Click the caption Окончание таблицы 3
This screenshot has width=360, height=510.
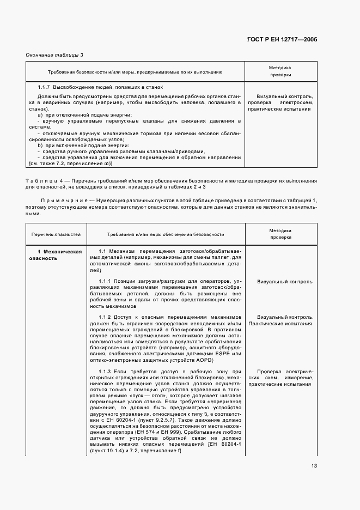pyautogui.click(x=54, y=56)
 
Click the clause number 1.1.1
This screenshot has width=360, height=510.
pyautogui.click(x=106, y=281)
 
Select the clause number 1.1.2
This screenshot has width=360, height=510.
pyautogui.click(x=106, y=317)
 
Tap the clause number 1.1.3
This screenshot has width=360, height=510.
pyautogui.click(x=106, y=371)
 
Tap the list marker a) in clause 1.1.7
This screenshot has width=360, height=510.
pyautogui.click(x=40, y=115)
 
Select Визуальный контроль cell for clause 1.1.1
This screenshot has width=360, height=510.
pyautogui.click(x=285, y=282)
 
